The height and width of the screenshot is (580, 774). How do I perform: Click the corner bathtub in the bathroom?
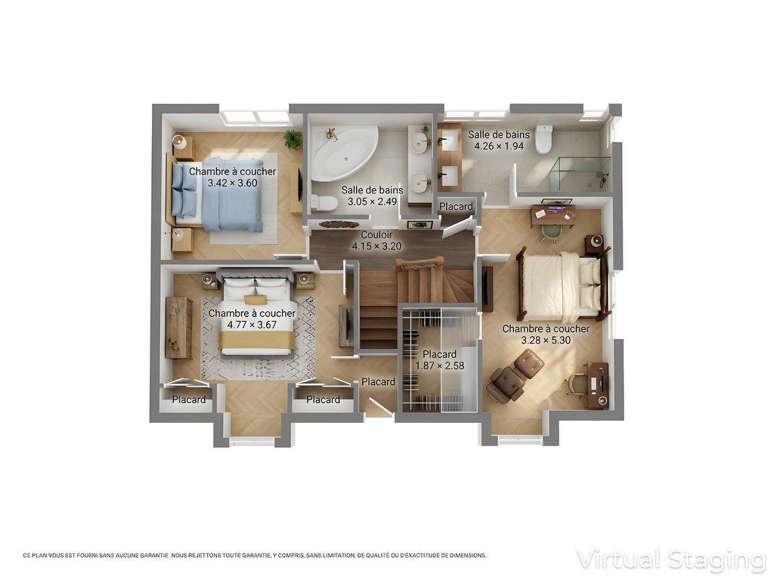point(342,154)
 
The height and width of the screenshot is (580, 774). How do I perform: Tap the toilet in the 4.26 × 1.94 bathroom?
point(544,140)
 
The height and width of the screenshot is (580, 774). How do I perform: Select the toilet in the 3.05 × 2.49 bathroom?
point(323,202)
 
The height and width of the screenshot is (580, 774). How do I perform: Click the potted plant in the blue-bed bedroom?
point(292,139)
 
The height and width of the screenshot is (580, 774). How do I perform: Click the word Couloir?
point(376,235)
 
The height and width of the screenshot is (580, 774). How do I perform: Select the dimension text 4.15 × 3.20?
point(376,246)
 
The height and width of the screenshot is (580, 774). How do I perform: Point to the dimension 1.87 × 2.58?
point(439,366)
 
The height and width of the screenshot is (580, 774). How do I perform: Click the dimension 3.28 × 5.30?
point(546,341)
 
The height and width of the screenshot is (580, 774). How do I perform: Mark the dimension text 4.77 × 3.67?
point(252,325)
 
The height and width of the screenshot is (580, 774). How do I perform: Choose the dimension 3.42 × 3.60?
point(233,183)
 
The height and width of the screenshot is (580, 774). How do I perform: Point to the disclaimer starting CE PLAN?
point(255,555)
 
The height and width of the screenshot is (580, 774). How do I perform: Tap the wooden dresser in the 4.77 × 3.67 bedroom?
point(178,327)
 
